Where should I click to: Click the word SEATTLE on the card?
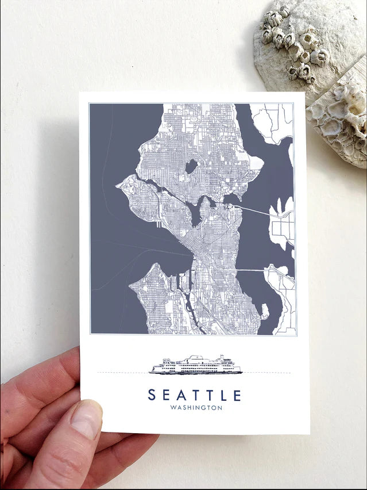coord(195,395)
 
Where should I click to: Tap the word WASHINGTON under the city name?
coord(196,408)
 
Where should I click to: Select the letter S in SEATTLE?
coord(152,395)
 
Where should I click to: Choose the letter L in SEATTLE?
coord(223,395)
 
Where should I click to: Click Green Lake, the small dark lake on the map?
coord(191,166)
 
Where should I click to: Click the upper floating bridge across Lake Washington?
coord(253,210)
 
